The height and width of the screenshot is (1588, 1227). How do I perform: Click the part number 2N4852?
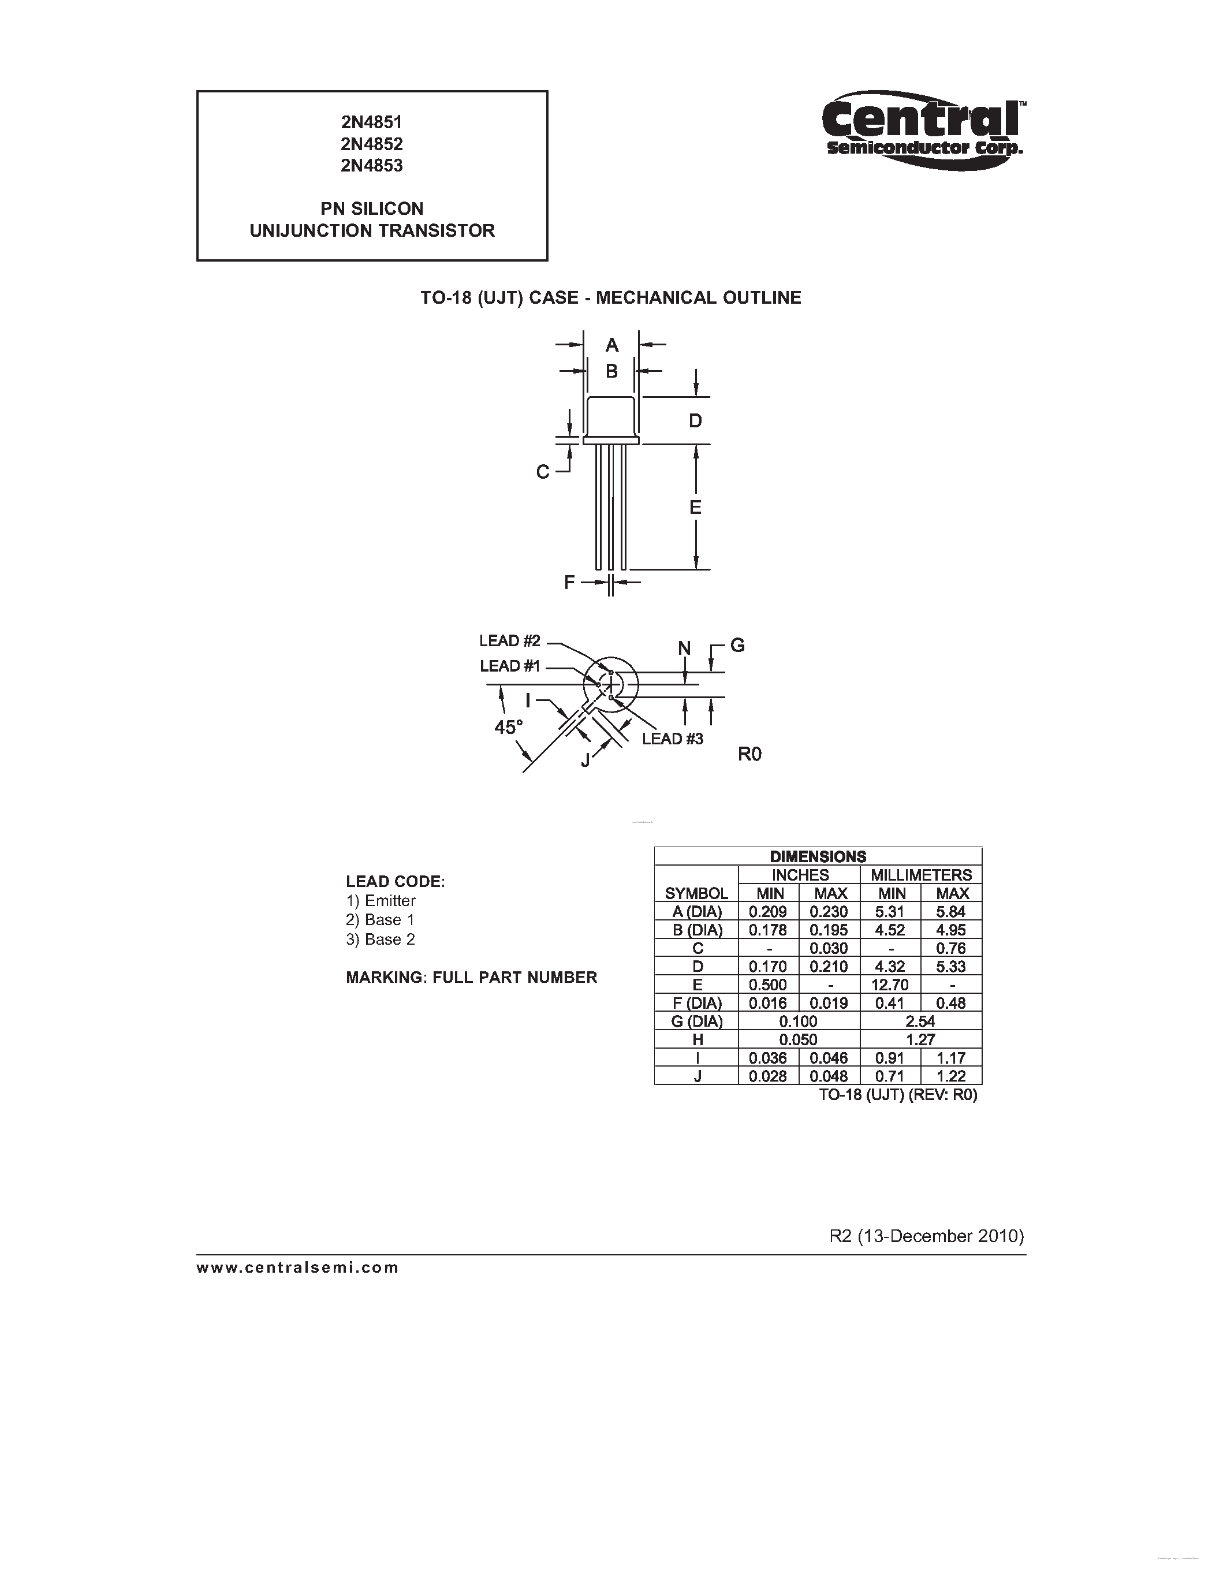(x=371, y=144)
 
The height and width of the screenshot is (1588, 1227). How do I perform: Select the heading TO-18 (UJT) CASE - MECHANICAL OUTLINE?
(x=610, y=298)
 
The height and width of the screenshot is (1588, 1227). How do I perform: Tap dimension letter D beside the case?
(x=695, y=421)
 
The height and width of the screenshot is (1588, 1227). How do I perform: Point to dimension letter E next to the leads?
(x=695, y=508)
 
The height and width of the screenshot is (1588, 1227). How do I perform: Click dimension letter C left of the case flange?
(x=542, y=472)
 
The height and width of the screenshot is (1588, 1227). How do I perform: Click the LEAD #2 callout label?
(x=509, y=640)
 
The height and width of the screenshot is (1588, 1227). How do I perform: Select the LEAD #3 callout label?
(x=672, y=739)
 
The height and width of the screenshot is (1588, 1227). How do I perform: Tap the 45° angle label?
(x=509, y=727)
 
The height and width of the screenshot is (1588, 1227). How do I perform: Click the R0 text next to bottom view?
(x=749, y=755)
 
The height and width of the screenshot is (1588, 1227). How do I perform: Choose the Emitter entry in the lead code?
(x=381, y=901)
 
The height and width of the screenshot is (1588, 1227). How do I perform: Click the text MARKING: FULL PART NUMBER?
(x=471, y=978)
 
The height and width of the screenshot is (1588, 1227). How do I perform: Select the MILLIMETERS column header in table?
(x=921, y=875)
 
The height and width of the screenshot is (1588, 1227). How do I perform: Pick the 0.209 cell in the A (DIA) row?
(x=769, y=912)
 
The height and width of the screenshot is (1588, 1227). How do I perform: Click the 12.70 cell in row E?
(x=890, y=985)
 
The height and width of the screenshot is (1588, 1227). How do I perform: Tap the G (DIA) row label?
(x=696, y=1022)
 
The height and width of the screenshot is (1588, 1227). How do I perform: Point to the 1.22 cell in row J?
(x=951, y=1076)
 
